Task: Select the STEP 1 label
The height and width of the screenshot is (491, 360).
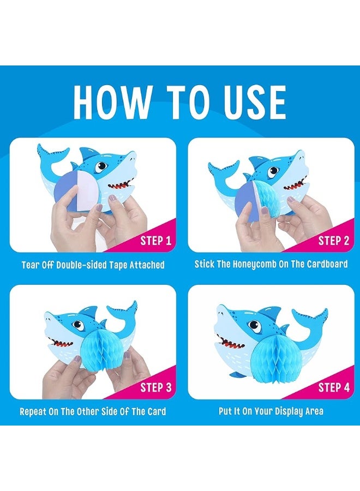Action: (x=156, y=241)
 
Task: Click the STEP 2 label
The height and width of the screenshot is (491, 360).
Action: (x=334, y=241)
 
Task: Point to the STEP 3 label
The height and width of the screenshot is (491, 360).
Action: (x=156, y=387)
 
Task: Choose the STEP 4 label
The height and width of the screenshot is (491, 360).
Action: (x=334, y=387)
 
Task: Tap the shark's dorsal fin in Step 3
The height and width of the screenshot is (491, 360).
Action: (x=89, y=312)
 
